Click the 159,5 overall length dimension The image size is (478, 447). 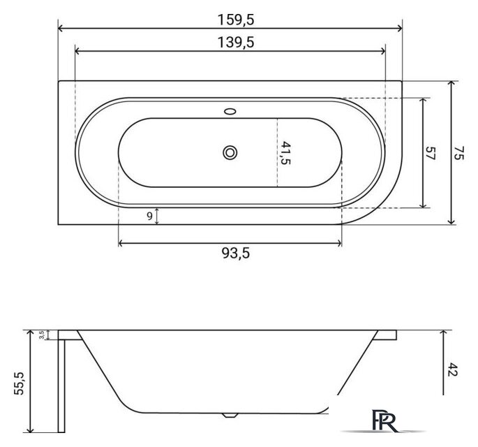236,20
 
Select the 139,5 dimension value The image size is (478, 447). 236,43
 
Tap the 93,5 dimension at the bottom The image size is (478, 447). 236,253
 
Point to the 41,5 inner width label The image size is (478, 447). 285,153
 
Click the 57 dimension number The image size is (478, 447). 431,153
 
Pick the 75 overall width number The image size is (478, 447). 458,153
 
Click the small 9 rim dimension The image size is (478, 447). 149,216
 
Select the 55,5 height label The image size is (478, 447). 19,383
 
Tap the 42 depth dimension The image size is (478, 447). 454,369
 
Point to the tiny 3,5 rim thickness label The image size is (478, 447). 42,335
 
